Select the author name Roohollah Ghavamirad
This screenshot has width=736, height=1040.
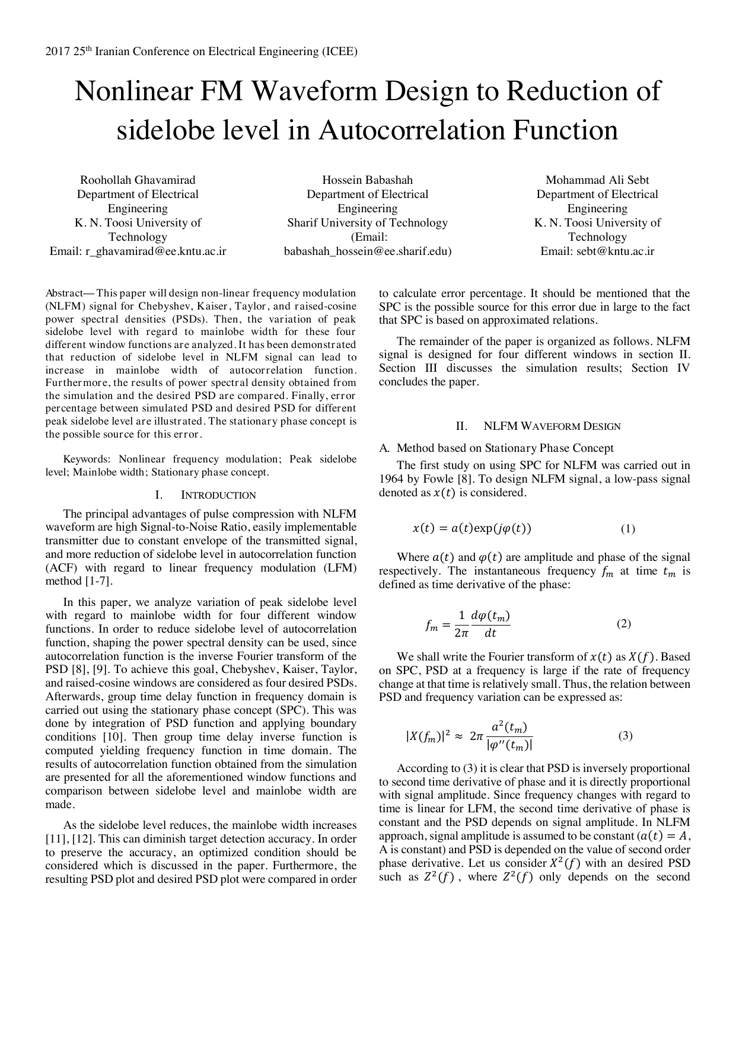click(x=138, y=180)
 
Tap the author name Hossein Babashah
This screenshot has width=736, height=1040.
click(x=367, y=180)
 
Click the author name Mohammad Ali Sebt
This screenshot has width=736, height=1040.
click(x=597, y=180)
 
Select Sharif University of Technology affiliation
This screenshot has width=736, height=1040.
click(x=367, y=223)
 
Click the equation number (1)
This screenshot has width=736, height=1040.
click(x=627, y=529)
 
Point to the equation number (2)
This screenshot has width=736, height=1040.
click(x=623, y=623)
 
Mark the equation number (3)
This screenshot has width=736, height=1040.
click(x=625, y=736)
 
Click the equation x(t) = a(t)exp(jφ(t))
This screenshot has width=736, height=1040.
click(x=471, y=529)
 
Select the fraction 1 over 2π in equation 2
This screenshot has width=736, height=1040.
click(x=461, y=624)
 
